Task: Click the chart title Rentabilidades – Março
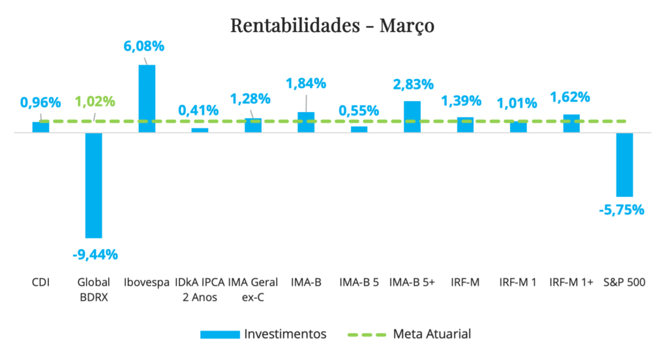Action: (332, 25)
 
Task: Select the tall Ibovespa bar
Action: (147, 98)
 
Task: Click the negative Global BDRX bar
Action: (94, 185)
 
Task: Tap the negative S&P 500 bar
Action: (624, 164)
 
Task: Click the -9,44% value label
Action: (95, 252)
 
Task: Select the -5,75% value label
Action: (621, 210)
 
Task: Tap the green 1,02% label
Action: (95, 102)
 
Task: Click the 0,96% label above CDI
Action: (40, 102)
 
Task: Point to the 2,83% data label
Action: (413, 85)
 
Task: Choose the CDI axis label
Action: (41, 282)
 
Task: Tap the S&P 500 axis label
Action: (624, 282)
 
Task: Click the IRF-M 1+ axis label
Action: (571, 282)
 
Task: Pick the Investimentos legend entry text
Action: (285, 334)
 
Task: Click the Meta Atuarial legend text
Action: (432, 334)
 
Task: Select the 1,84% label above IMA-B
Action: (306, 83)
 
